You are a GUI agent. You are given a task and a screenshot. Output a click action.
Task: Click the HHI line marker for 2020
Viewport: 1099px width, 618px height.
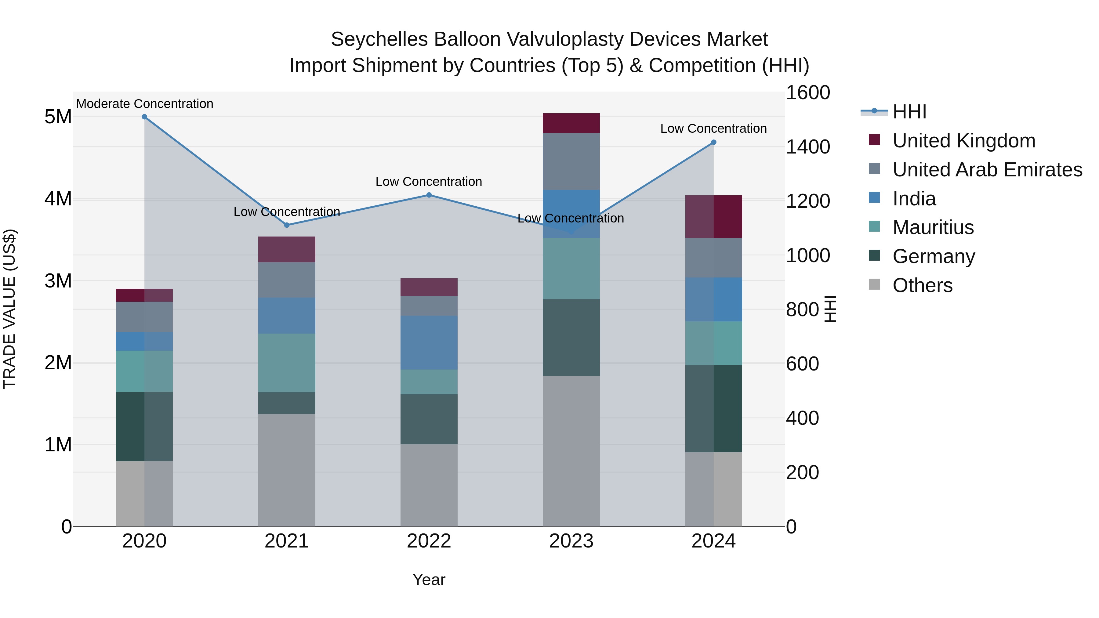(144, 117)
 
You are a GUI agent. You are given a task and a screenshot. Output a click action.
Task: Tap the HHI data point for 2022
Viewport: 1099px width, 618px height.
(429, 195)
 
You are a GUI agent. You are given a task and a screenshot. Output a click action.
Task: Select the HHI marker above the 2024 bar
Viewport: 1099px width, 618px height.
(713, 143)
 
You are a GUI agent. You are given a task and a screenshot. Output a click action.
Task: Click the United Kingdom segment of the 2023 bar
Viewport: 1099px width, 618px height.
(571, 123)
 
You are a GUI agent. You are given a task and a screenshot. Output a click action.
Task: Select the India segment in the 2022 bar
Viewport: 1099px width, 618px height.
(429, 342)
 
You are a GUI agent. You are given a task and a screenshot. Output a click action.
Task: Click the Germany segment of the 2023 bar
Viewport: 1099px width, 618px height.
(571, 337)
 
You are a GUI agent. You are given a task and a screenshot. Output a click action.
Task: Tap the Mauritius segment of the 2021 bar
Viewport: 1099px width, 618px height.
(287, 363)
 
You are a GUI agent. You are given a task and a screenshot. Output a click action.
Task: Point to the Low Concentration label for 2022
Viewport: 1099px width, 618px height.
(429, 182)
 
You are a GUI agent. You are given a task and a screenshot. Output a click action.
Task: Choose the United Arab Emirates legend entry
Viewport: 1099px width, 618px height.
(987, 170)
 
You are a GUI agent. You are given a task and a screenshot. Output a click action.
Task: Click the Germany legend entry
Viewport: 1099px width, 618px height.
(934, 256)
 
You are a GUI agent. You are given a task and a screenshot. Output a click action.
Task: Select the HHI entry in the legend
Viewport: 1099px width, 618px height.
(909, 112)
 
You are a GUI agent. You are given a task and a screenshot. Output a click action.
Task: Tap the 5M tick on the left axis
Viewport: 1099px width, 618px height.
(58, 117)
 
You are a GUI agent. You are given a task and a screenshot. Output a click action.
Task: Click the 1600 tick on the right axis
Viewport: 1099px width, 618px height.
(807, 92)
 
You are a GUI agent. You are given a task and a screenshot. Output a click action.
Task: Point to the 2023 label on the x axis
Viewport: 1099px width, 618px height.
(571, 541)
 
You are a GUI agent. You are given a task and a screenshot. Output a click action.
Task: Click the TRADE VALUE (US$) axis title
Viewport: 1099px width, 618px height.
(9, 309)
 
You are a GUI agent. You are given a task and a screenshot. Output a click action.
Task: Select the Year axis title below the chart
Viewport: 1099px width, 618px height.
(429, 580)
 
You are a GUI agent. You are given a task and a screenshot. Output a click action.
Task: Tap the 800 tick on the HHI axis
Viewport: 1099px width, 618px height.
(802, 310)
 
